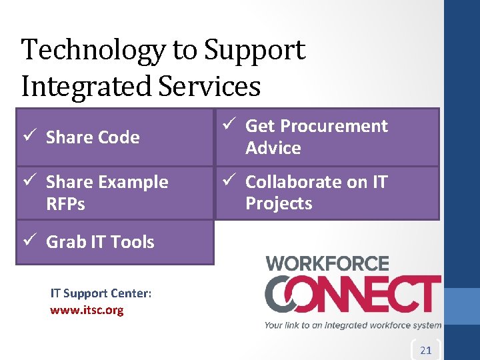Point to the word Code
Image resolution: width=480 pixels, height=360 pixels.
pyautogui.click(x=117, y=137)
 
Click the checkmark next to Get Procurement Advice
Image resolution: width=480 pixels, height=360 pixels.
pyautogui.click(x=227, y=125)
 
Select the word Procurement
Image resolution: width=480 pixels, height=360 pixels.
pyautogui.click(x=335, y=126)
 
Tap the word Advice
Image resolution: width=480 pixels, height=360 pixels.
pyautogui.click(x=273, y=148)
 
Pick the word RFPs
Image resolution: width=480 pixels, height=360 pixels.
pyautogui.click(x=65, y=204)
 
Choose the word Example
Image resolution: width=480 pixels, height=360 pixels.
pyautogui.click(x=134, y=182)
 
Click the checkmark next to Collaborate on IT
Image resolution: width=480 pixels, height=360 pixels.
pyautogui.click(x=227, y=181)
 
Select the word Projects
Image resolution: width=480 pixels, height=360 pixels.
pyautogui.click(x=279, y=203)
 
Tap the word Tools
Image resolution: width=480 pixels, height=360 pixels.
pyautogui.click(x=133, y=242)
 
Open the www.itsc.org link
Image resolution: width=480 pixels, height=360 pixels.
pyautogui.click(x=87, y=310)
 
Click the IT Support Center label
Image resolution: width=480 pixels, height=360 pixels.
pyautogui.click(x=101, y=293)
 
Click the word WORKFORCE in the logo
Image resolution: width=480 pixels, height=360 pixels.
pyautogui.click(x=327, y=263)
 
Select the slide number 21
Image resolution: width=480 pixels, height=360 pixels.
pyautogui.click(x=426, y=350)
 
